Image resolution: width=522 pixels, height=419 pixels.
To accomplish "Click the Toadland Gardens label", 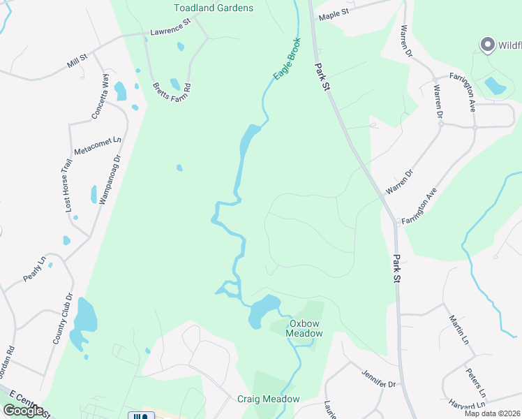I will coord(213,8).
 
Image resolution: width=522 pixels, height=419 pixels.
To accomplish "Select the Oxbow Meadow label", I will coord(305,328).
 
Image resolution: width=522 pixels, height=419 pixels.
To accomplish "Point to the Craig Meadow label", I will coord(268,399).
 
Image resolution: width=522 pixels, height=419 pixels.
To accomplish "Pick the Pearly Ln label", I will coord(33,269).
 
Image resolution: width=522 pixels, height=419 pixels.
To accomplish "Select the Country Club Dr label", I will coord(63,319).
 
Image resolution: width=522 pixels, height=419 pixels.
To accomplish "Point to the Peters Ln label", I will coord(473,382).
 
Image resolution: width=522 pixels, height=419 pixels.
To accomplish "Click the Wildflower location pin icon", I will coord(487,45).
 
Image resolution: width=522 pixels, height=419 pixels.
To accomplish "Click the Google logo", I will coord(23,410).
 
